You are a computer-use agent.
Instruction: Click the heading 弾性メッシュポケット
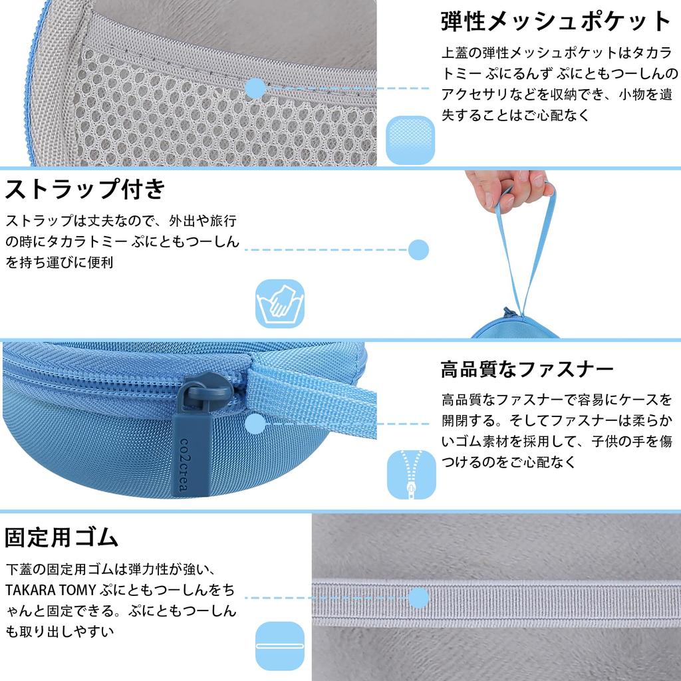tap(556, 22)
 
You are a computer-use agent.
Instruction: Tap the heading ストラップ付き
tap(85, 190)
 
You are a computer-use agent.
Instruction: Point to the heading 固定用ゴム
tap(62, 536)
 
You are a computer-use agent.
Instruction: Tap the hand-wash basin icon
tap(280, 303)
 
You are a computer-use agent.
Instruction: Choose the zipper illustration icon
tap(411, 474)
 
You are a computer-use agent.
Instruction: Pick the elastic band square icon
tap(279, 646)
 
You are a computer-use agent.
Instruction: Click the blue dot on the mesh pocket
tap(256, 88)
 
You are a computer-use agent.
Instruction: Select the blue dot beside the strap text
tap(418, 250)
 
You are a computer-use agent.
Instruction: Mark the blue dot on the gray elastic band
tap(418, 598)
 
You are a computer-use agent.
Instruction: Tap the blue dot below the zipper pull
tap(256, 424)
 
